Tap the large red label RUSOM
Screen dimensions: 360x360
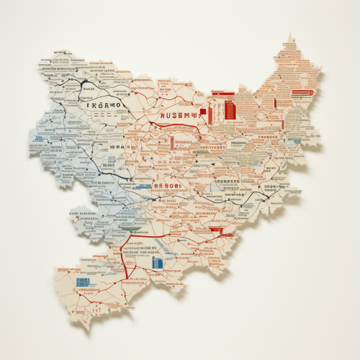(x=177, y=114)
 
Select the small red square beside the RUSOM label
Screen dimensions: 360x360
(x=203, y=112)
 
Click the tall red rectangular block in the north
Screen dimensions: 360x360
(x=230, y=110)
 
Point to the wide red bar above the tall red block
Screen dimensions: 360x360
(x=223, y=94)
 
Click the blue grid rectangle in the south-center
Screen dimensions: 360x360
(x=158, y=264)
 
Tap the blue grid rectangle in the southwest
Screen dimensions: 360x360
(x=85, y=282)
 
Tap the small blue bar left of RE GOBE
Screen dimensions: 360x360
(x=143, y=186)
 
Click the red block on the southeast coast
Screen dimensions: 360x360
(x=216, y=232)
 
